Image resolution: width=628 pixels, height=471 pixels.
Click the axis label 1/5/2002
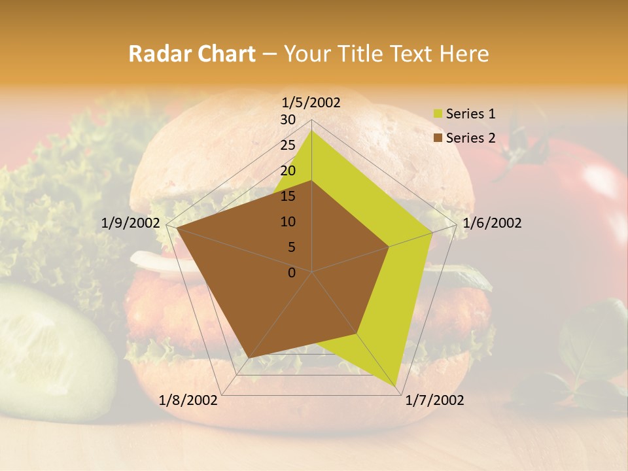(x=311, y=102)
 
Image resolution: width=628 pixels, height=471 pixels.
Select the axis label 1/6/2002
(x=492, y=223)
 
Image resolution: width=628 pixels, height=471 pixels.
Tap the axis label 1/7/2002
(x=434, y=400)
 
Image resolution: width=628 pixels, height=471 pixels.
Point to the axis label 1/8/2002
(x=188, y=400)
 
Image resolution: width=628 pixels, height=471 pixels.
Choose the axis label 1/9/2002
(x=131, y=223)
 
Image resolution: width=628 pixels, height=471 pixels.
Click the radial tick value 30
(x=288, y=120)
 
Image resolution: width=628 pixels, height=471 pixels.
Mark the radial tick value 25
(x=288, y=145)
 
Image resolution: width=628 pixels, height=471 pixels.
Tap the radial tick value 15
(x=288, y=196)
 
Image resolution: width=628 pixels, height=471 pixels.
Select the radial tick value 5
(x=291, y=247)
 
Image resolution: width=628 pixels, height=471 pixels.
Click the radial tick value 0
(x=292, y=273)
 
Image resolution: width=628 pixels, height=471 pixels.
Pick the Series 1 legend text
(x=470, y=114)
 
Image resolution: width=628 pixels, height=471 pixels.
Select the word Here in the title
(x=464, y=54)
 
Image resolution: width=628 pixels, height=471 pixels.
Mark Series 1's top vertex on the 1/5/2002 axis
(x=311, y=130)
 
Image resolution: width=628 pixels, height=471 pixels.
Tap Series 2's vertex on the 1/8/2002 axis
(x=249, y=357)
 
